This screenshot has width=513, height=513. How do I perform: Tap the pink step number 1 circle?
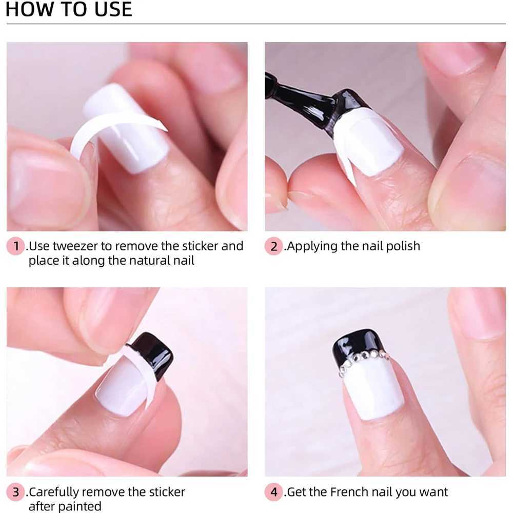[15, 246]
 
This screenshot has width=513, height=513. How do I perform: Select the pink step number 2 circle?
[274, 246]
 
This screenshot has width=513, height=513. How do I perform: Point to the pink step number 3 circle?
[15, 492]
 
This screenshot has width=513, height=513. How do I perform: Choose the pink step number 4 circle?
[274, 492]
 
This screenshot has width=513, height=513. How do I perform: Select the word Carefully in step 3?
[54, 492]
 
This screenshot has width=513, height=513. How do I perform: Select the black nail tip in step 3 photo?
[153, 355]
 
